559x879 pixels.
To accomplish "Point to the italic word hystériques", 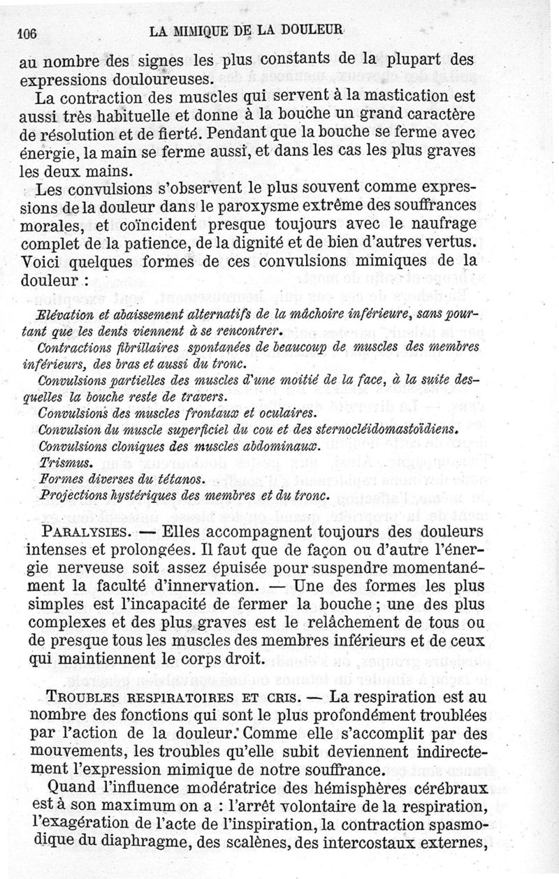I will click(136, 494).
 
